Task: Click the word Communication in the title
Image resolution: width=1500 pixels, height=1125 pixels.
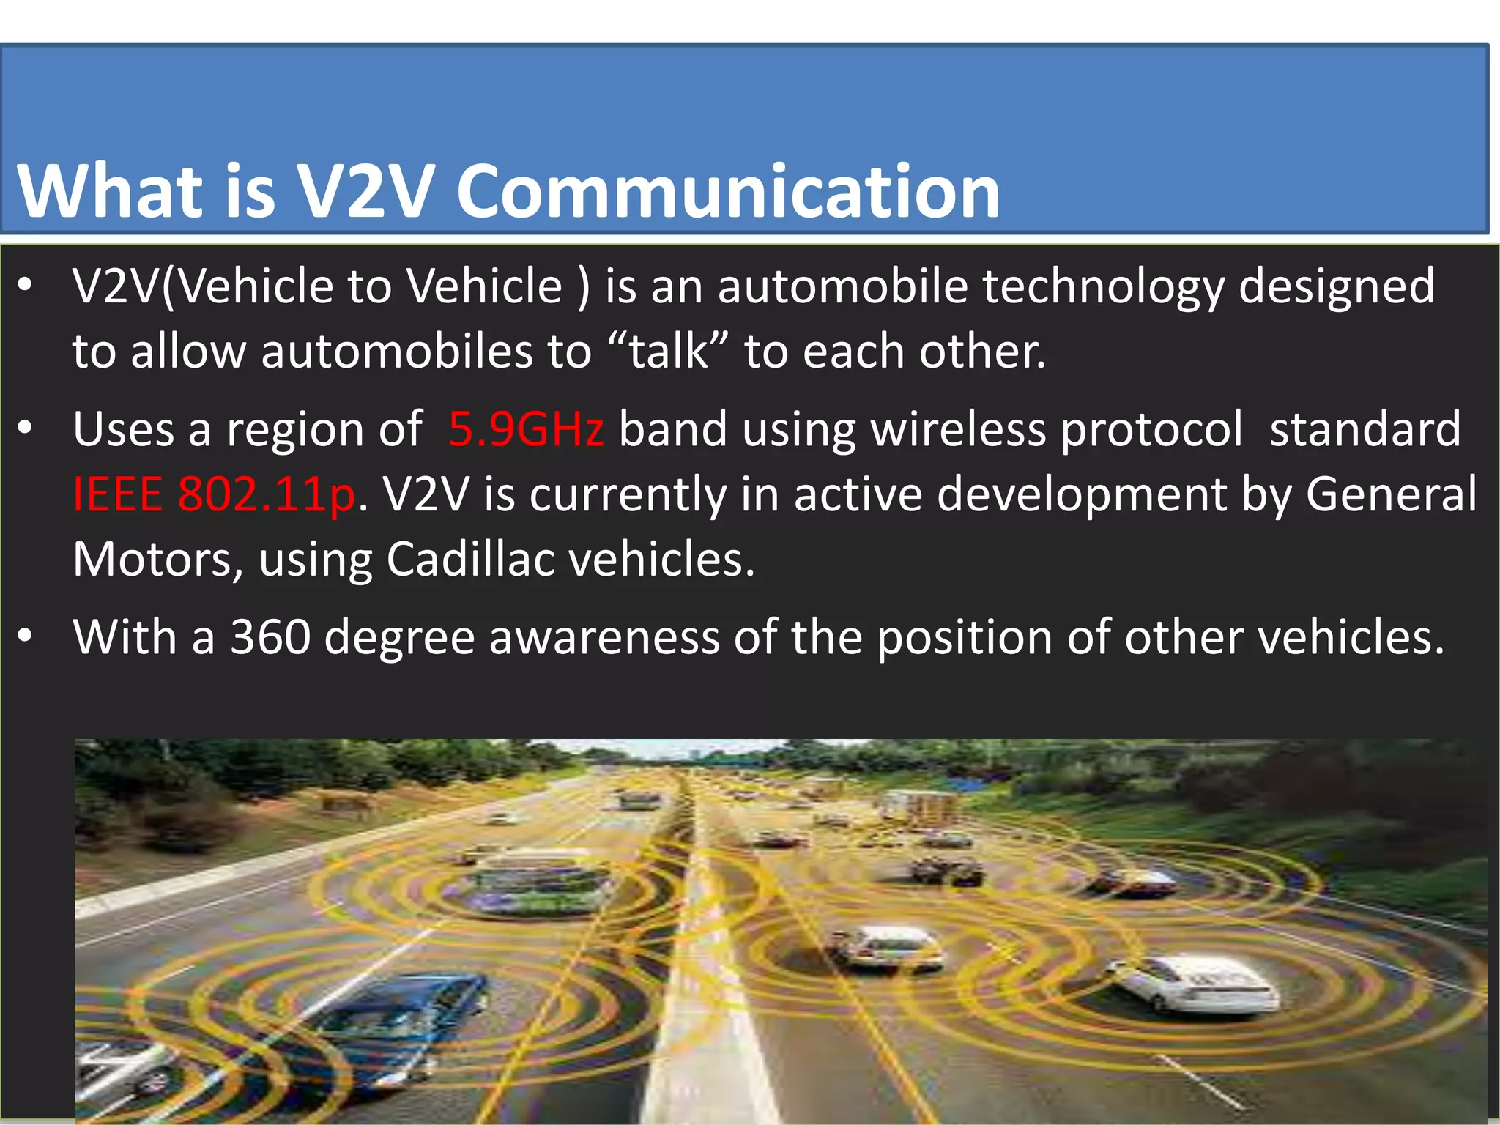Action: (728, 192)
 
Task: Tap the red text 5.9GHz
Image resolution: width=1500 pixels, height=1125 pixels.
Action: (526, 429)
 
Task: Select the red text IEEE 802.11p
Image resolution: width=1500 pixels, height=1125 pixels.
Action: (214, 494)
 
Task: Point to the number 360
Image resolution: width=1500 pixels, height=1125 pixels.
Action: (270, 636)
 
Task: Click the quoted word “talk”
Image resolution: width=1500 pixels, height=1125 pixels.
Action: (668, 351)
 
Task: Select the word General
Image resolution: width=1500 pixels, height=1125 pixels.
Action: (1391, 494)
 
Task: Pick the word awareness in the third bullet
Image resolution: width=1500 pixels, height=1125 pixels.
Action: (604, 636)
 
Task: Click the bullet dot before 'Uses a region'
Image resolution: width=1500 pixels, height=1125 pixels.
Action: (26, 429)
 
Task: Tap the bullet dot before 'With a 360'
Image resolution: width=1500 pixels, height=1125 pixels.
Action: (26, 636)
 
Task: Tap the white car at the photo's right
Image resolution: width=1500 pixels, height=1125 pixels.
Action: (1194, 985)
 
